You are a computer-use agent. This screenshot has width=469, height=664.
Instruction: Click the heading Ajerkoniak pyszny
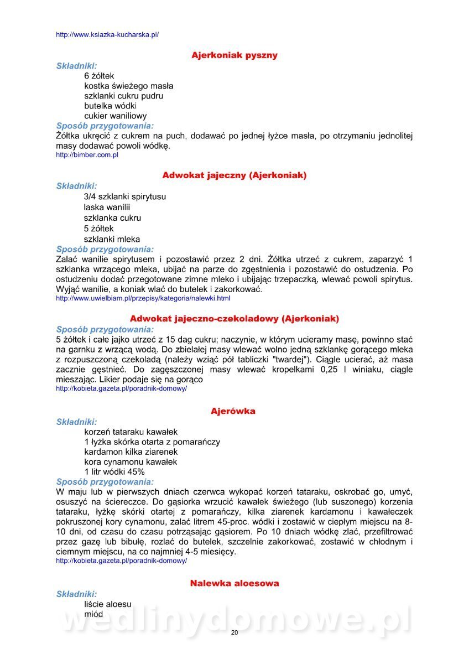[234, 55]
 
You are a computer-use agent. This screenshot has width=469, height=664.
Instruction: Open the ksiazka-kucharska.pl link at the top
[107, 34]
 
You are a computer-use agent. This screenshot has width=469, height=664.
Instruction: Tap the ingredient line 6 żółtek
[100, 76]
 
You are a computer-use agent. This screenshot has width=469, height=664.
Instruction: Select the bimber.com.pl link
[87, 155]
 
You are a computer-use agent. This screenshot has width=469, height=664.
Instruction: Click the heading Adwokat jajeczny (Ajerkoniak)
[234, 175]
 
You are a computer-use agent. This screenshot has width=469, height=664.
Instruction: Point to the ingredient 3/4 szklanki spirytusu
[125, 196]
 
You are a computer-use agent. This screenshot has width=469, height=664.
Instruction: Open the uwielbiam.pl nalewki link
[143, 299]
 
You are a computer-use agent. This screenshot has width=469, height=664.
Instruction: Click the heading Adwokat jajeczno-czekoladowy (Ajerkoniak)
[234, 319]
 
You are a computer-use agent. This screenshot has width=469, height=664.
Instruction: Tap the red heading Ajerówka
[233, 411]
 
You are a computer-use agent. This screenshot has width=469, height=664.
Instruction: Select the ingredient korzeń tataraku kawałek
[131, 432]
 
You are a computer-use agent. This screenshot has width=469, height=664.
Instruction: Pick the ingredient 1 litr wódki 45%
[114, 472]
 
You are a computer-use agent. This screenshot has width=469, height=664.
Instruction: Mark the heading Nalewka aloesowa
[234, 583]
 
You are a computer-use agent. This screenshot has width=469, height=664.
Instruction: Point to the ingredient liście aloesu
[108, 604]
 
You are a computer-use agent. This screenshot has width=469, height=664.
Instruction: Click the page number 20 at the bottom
[234, 632]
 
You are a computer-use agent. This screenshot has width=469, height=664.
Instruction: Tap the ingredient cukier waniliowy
[116, 116]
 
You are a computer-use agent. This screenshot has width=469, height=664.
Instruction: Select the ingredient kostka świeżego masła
[128, 86]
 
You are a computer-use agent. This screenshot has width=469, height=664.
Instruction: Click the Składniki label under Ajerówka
[76, 422]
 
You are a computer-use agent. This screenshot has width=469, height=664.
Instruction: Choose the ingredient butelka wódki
[111, 106]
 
